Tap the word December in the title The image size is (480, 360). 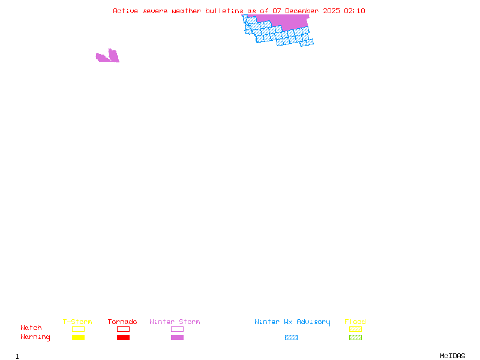pyautogui.click(x=302, y=11)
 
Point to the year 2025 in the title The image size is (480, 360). pyautogui.click(x=331, y=11)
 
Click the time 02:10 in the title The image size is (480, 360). pyautogui.click(x=355, y=11)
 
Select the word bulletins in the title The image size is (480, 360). pyautogui.click(x=225, y=11)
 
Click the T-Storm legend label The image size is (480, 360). pyautogui.click(x=77, y=322)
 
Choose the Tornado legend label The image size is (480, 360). pyautogui.click(x=122, y=322)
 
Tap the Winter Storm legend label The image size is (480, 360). pyautogui.click(x=175, y=322)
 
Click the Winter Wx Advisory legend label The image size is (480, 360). pyautogui.click(x=292, y=322)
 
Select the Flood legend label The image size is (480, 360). pyautogui.click(x=355, y=322)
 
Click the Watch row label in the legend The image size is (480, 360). pyautogui.click(x=31, y=328)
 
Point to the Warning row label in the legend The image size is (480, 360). pyautogui.click(x=35, y=337)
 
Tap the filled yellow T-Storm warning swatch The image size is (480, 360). pyautogui.click(x=78, y=338)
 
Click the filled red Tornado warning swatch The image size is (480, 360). pyautogui.click(x=123, y=338)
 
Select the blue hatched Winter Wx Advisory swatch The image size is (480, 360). pyautogui.click(x=291, y=338)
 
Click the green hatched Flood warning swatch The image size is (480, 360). pyautogui.click(x=355, y=338)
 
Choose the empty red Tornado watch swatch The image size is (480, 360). pyautogui.click(x=123, y=329)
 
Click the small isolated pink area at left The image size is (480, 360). pyautogui.click(x=109, y=57)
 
